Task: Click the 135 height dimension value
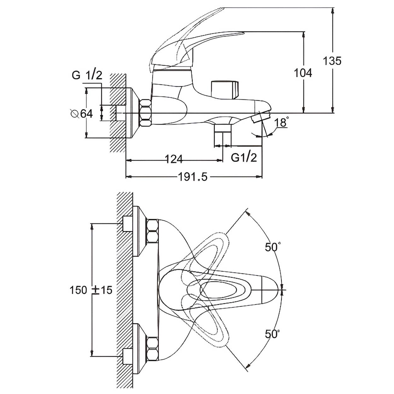coord(332,61)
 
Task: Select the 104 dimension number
coord(303,73)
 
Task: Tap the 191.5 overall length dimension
coord(193,177)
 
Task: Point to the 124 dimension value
coord(173,159)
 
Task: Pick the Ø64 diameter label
coord(82,114)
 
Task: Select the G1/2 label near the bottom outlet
coord(244,157)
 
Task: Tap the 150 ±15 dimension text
coord(91,290)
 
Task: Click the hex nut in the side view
coord(145,113)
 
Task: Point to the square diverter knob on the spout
coord(225,90)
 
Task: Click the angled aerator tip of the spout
coord(261,118)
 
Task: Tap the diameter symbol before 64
coord(75,114)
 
